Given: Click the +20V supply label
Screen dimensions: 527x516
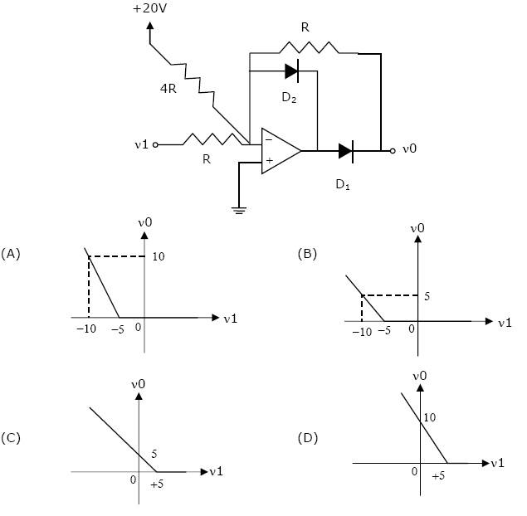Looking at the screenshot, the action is pos(149,8).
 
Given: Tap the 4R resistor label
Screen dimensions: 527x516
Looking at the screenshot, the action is pos(168,89).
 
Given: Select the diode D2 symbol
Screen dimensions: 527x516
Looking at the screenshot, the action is pos(292,71).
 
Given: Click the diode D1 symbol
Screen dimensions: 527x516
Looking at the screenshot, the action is pos(346,151).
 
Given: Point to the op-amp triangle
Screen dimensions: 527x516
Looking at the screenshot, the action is pos(281,151).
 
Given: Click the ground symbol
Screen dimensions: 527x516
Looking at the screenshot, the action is pos(239,211).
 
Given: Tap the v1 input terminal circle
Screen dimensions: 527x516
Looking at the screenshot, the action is pos(155,145).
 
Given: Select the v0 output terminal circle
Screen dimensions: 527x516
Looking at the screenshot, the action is pos(393,151).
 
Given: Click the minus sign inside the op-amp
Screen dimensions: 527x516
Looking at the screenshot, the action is pos(269,139).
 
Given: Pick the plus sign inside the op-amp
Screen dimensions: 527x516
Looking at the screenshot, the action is pos(269,161).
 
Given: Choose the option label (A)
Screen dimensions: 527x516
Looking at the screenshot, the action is pos(11,254).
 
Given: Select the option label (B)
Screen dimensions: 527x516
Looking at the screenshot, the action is pos(307,254).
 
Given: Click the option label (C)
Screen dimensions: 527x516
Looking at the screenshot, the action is pos(11,438).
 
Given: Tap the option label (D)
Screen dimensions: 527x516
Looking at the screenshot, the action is pos(308,438).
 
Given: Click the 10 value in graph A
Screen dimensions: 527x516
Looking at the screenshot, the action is pos(159,256).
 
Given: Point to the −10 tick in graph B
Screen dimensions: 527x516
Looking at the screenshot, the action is pos(362,332).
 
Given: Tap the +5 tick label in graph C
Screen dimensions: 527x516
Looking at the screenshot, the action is pos(157,484).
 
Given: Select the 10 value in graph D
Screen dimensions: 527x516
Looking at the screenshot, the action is pos(430,417).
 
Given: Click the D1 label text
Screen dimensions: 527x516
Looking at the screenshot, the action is pos(343,184).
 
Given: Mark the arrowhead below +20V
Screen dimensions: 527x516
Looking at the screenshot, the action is pos(150,26).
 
